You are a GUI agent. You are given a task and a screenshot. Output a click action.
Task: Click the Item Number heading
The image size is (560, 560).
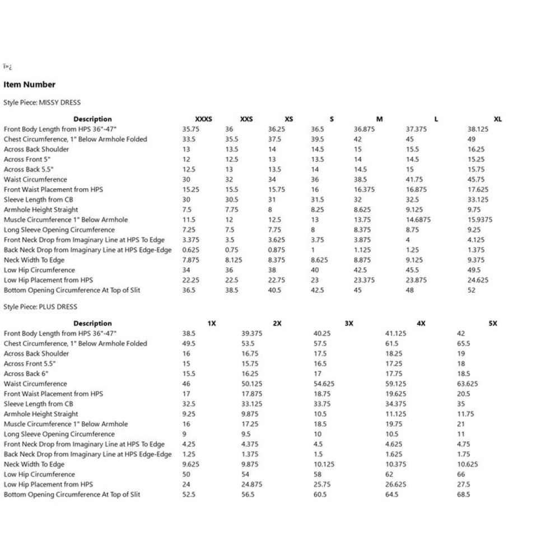point(30,85)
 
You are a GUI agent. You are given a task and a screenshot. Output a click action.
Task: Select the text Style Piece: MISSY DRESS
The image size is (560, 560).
point(42,102)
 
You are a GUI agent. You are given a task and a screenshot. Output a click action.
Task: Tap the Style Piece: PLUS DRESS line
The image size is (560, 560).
point(40,307)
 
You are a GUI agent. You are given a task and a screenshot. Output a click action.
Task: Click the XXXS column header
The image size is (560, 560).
point(203,119)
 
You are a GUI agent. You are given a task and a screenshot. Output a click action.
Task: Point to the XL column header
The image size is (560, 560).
point(498,119)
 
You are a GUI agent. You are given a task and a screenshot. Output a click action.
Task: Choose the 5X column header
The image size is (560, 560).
point(493,324)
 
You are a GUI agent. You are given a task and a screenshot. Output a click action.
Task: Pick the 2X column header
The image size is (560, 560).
point(277,324)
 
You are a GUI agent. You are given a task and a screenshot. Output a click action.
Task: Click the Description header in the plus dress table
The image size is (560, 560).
point(92,324)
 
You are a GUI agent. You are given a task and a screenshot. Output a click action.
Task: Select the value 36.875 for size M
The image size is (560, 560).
point(364,129)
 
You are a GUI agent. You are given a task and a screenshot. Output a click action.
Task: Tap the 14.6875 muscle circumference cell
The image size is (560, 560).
point(418,220)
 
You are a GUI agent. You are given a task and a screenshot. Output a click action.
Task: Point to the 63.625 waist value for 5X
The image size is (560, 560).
point(468,384)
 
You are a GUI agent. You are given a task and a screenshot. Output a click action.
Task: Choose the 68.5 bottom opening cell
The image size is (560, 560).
point(464,494)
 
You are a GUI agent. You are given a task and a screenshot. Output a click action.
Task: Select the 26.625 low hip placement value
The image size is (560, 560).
point(396,484)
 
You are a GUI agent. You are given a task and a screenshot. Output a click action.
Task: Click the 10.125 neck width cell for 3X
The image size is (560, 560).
point(324,464)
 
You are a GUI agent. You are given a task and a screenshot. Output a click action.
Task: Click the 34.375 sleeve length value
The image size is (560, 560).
point(396,404)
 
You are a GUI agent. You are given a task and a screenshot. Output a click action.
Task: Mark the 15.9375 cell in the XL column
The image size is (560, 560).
point(480,220)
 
